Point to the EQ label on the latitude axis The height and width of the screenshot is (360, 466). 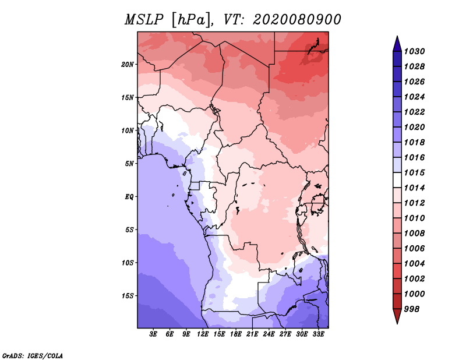pyautogui.click(x=129, y=196)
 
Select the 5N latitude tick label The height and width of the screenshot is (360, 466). pyautogui.click(x=129, y=164)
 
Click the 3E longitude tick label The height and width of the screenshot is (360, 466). pyautogui.click(x=154, y=334)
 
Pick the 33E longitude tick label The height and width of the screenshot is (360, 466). pyautogui.click(x=318, y=334)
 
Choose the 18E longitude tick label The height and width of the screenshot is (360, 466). pyautogui.click(x=236, y=334)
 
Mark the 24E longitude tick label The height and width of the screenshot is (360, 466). pyautogui.click(x=269, y=334)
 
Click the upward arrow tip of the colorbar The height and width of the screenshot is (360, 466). pyautogui.click(x=397, y=38)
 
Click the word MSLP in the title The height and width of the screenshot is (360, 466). pyautogui.click(x=143, y=20)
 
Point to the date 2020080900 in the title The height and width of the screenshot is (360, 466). pyautogui.click(x=296, y=20)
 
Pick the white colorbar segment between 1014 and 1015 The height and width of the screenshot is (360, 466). pyautogui.click(x=397, y=180)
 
